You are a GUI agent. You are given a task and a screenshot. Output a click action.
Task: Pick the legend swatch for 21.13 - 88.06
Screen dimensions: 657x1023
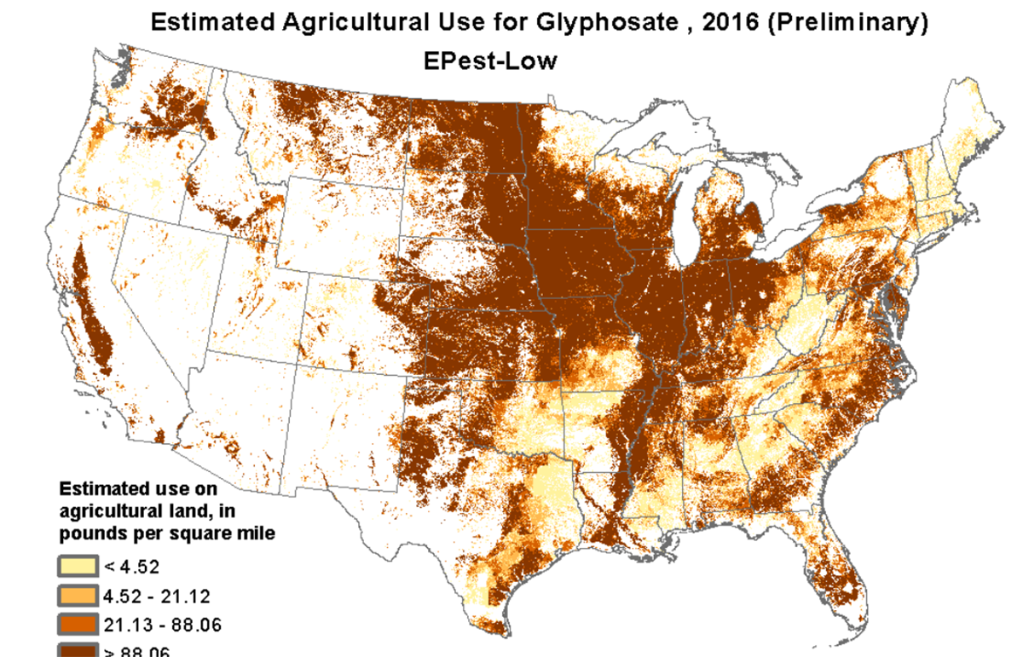click(x=77, y=624)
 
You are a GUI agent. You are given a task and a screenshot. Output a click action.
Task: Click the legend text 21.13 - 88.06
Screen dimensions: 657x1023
click(x=162, y=625)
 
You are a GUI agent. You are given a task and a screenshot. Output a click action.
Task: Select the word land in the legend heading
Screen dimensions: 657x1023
click(x=187, y=511)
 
